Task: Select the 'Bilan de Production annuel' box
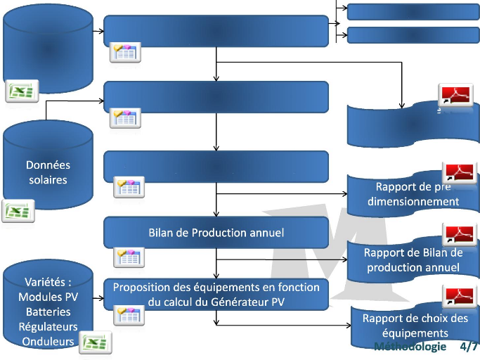point(216,232)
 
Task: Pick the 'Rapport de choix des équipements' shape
point(415,325)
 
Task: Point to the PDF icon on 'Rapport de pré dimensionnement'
point(459,172)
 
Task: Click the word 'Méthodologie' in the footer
point(410,347)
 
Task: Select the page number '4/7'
point(469,347)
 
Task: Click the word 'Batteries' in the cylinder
point(48,311)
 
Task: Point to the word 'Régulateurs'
point(48,326)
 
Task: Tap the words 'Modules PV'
point(48,297)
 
